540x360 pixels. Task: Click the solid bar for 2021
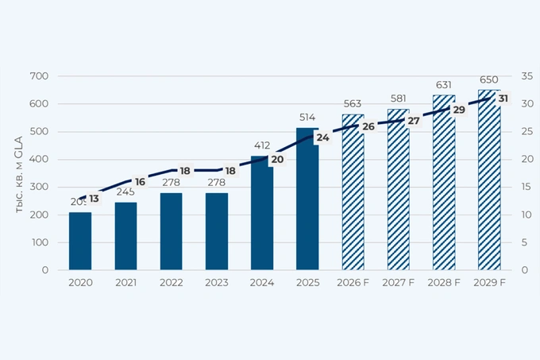coord(125,236)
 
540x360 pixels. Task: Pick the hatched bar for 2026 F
coord(353,199)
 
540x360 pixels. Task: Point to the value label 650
coord(489,80)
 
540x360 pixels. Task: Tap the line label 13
coord(94,198)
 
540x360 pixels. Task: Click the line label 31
coord(503,99)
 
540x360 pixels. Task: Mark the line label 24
coord(322,137)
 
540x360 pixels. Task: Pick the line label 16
coord(140,182)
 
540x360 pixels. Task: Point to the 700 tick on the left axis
coord(39,76)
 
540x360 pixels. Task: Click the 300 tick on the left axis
coord(39,188)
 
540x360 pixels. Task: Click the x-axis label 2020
coord(79,282)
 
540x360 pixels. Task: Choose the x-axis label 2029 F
coord(489,282)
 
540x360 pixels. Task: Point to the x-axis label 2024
coord(261,282)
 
